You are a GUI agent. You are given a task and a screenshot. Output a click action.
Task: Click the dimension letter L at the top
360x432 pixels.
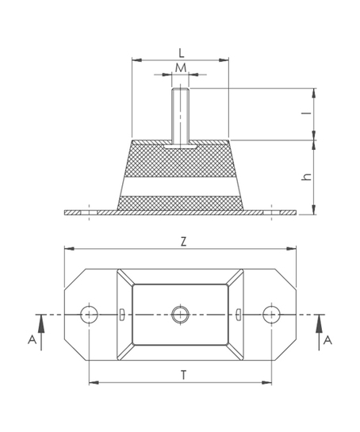click(x=181, y=53)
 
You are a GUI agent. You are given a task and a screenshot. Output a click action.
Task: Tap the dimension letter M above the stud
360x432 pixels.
click(x=181, y=67)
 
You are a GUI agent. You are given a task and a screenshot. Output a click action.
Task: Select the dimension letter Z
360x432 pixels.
click(x=183, y=242)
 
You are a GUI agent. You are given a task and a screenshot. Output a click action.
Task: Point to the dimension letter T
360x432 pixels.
click(x=184, y=375)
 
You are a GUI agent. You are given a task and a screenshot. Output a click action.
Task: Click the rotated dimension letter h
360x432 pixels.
click(x=307, y=177)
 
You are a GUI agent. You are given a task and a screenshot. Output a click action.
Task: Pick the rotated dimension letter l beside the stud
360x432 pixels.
click(x=309, y=113)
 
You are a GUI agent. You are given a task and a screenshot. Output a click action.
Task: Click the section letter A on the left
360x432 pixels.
click(x=33, y=340)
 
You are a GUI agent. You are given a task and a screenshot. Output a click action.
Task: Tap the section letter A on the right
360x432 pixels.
click(x=327, y=340)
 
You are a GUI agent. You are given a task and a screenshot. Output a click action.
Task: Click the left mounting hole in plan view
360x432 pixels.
click(x=90, y=315)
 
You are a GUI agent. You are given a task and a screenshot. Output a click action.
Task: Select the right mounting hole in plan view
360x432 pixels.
click(x=271, y=315)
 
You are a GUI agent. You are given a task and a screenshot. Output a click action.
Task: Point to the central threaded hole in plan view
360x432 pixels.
click(x=180, y=315)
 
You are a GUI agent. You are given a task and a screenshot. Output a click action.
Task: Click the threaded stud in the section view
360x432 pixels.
click(x=180, y=116)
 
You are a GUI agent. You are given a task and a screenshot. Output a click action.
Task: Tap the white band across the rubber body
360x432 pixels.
click(x=180, y=186)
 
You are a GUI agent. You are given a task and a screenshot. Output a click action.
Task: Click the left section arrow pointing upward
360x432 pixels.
click(x=41, y=332)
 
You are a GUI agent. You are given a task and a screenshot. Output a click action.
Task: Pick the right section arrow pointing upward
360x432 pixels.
click(x=320, y=332)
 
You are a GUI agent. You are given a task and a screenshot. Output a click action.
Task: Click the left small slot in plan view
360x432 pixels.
click(x=121, y=315)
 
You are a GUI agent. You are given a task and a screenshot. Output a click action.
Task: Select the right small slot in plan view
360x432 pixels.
click(x=239, y=315)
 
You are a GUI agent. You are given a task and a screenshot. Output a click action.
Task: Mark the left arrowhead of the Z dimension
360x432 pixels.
click(x=69, y=249)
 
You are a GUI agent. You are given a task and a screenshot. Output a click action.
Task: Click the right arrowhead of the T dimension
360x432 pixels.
click(x=266, y=383)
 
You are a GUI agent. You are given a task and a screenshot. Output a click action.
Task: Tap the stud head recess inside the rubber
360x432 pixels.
click(x=180, y=147)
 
